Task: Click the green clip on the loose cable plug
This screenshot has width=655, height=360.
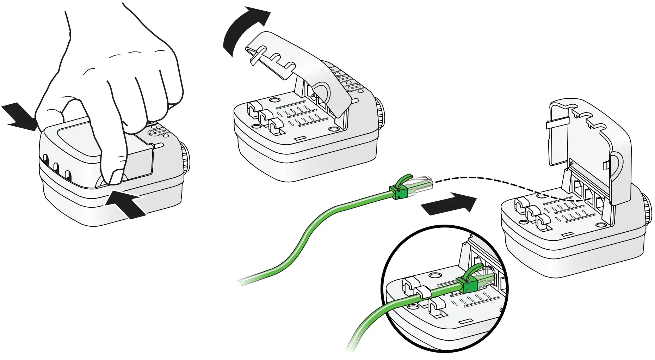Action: (x=400, y=190)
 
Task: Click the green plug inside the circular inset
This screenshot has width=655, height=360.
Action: (x=467, y=284)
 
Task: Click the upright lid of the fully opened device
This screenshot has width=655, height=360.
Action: (x=588, y=141)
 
